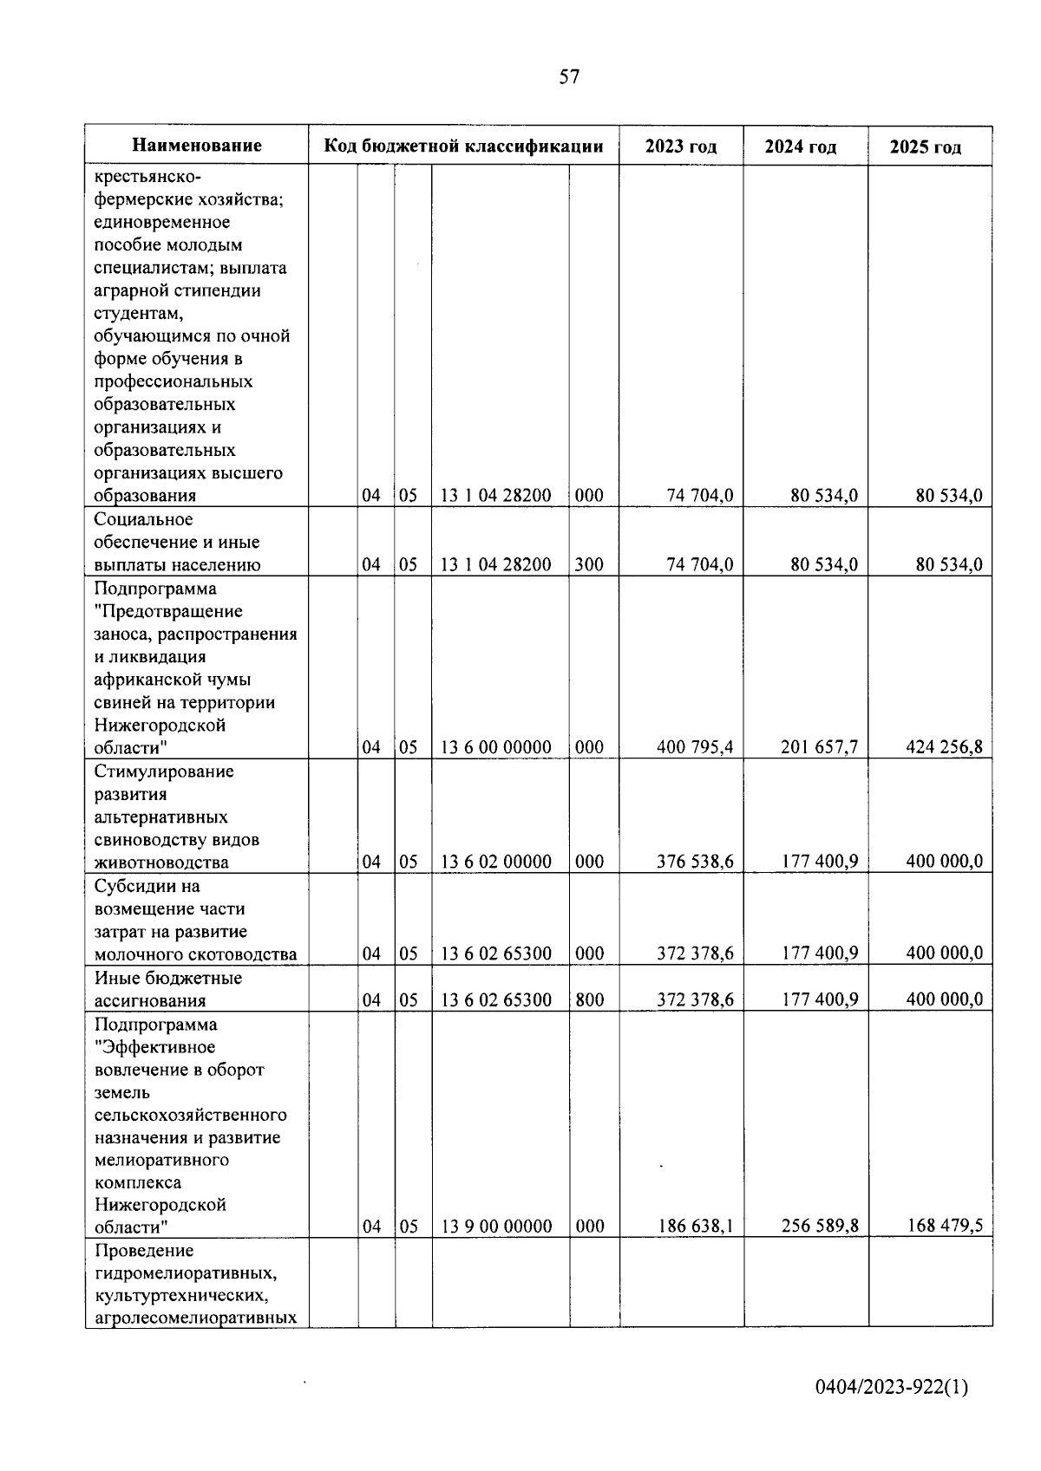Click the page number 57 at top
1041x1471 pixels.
[569, 77]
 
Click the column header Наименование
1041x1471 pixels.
[197, 146]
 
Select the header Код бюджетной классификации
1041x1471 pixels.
[463, 146]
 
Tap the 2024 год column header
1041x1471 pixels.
[800, 146]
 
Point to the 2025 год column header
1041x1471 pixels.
[926, 146]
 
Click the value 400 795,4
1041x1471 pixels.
[695, 747]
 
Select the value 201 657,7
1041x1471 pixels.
[819, 747]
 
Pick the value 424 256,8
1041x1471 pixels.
[944, 747]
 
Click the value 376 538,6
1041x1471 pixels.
[695, 862]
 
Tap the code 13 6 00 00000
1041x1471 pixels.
[496, 747]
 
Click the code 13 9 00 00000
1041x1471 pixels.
[496, 1227]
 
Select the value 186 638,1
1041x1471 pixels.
[695, 1227]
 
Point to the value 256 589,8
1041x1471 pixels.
[819, 1227]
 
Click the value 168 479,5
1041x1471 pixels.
[944, 1227]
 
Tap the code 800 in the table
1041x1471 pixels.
[589, 999]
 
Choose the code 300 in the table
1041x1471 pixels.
[589, 565]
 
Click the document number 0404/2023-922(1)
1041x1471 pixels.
[892, 1388]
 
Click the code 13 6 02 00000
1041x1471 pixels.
[496, 862]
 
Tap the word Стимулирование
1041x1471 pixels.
[164, 771]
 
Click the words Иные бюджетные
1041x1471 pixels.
[167, 978]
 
